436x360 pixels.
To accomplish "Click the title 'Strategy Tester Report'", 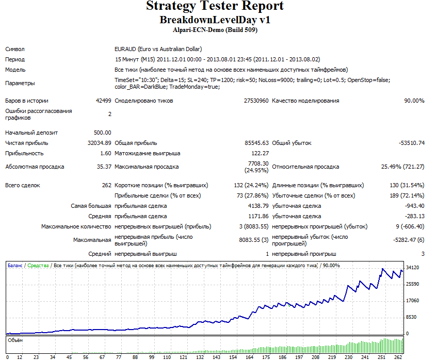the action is tap(215, 6).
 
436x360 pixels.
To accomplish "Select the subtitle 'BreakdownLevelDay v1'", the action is tap(215, 20).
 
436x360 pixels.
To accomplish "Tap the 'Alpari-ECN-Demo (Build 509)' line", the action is tap(215, 30).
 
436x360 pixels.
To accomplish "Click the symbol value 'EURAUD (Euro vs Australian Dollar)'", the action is tap(158, 49).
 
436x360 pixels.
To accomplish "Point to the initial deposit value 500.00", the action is tap(102, 133).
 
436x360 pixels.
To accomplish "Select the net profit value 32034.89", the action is tap(99, 143).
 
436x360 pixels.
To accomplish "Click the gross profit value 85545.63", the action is tap(256, 143).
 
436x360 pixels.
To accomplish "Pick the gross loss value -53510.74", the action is tap(412, 143).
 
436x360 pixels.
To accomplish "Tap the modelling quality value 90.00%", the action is tap(414, 101).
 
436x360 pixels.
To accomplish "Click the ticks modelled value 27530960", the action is tap(256, 101).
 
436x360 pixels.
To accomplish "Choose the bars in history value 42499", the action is tap(103, 101).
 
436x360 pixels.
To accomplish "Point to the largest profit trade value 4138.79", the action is tap(259, 206).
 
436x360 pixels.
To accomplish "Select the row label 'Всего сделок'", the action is tap(23, 186).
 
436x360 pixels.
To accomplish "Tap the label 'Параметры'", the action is tap(20, 83).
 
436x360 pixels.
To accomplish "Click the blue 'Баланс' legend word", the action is tap(15, 266).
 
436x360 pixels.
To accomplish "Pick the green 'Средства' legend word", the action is tap(38, 266).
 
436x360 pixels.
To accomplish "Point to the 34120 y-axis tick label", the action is tap(413, 268).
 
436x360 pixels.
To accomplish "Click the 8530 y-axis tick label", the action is tap(411, 317).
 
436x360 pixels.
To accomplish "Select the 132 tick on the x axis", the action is tap(200, 357).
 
